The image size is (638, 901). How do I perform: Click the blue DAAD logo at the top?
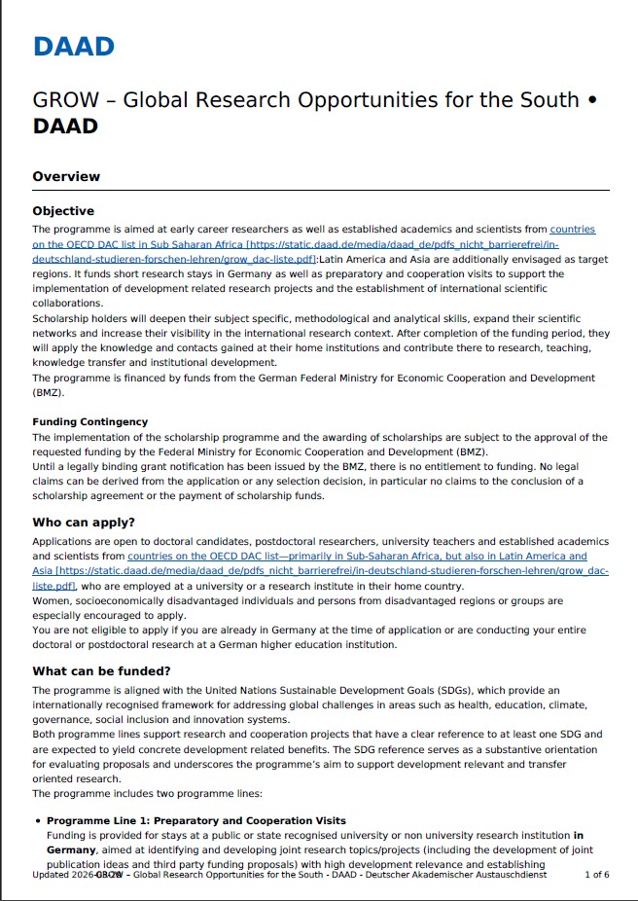click(x=73, y=46)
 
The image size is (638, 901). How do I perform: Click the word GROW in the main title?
click(x=59, y=101)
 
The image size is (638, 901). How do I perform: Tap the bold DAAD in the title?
click(x=65, y=126)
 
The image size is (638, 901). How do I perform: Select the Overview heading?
click(x=66, y=176)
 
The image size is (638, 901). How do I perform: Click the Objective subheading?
click(x=63, y=211)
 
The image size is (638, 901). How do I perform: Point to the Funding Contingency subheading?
click(x=89, y=422)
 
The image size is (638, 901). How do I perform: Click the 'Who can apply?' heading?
click(x=84, y=522)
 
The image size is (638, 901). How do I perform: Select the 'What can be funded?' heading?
click(x=101, y=671)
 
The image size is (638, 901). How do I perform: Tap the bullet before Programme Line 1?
click(x=37, y=821)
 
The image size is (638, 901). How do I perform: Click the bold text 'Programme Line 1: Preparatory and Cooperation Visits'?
click(x=195, y=821)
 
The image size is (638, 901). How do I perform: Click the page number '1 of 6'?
click(x=596, y=875)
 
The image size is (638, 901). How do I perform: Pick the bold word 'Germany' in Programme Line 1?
click(x=72, y=849)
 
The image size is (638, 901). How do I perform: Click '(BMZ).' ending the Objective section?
click(x=50, y=392)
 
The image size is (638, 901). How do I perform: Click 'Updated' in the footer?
click(x=51, y=875)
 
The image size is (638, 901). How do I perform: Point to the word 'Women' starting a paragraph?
click(x=51, y=601)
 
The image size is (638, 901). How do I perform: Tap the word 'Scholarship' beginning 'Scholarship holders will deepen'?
click(x=61, y=319)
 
